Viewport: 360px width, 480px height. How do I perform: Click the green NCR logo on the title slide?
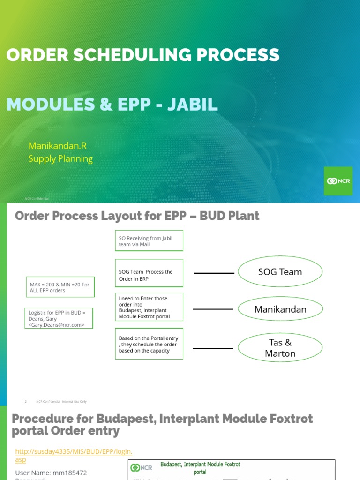pyautogui.click(x=338, y=181)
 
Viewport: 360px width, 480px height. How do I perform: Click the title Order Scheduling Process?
pyautogui.click(x=143, y=55)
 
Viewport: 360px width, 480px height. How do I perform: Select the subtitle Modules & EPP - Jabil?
pyautogui.click(x=112, y=105)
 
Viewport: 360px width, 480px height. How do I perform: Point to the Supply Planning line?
pyautogui.click(x=60, y=158)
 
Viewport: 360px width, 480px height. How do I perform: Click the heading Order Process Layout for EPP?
pyautogui.click(x=137, y=216)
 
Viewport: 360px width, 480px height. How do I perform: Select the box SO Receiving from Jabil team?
pyautogui.click(x=149, y=241)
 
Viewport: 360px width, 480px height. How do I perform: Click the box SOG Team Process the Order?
pyautogui.click(x=149, y=273)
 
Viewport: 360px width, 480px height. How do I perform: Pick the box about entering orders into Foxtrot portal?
pyautogui.click(x=149, y=307)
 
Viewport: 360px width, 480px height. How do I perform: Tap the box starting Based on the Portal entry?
pyautogui.click(x=149, y=344)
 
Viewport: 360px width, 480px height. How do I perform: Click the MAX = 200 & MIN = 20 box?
pyautogui.click(x=60, y=287)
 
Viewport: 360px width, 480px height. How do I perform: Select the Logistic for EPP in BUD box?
pyautogui.click(x=59, y=318)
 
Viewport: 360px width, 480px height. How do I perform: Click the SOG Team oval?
pyautogui.click(x=280, y=272)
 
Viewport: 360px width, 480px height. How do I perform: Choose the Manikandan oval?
pyautogui.click(x=280, y=309)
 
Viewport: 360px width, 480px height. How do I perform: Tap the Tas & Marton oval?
pyautogui.click(x=280, y=348)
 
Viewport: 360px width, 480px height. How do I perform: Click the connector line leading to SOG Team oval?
pyautogui.click(x=214, y=273)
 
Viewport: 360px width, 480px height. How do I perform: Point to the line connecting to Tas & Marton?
pyautogui.click(x=213, y=348)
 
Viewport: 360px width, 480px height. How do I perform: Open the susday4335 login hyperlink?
pyautogui.click(x=74, y=451)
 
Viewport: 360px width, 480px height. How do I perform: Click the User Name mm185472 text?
pyautogui.click(x=51, y=472)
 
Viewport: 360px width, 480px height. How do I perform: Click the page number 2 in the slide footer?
pyautogui.click(x=26, y=401)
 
